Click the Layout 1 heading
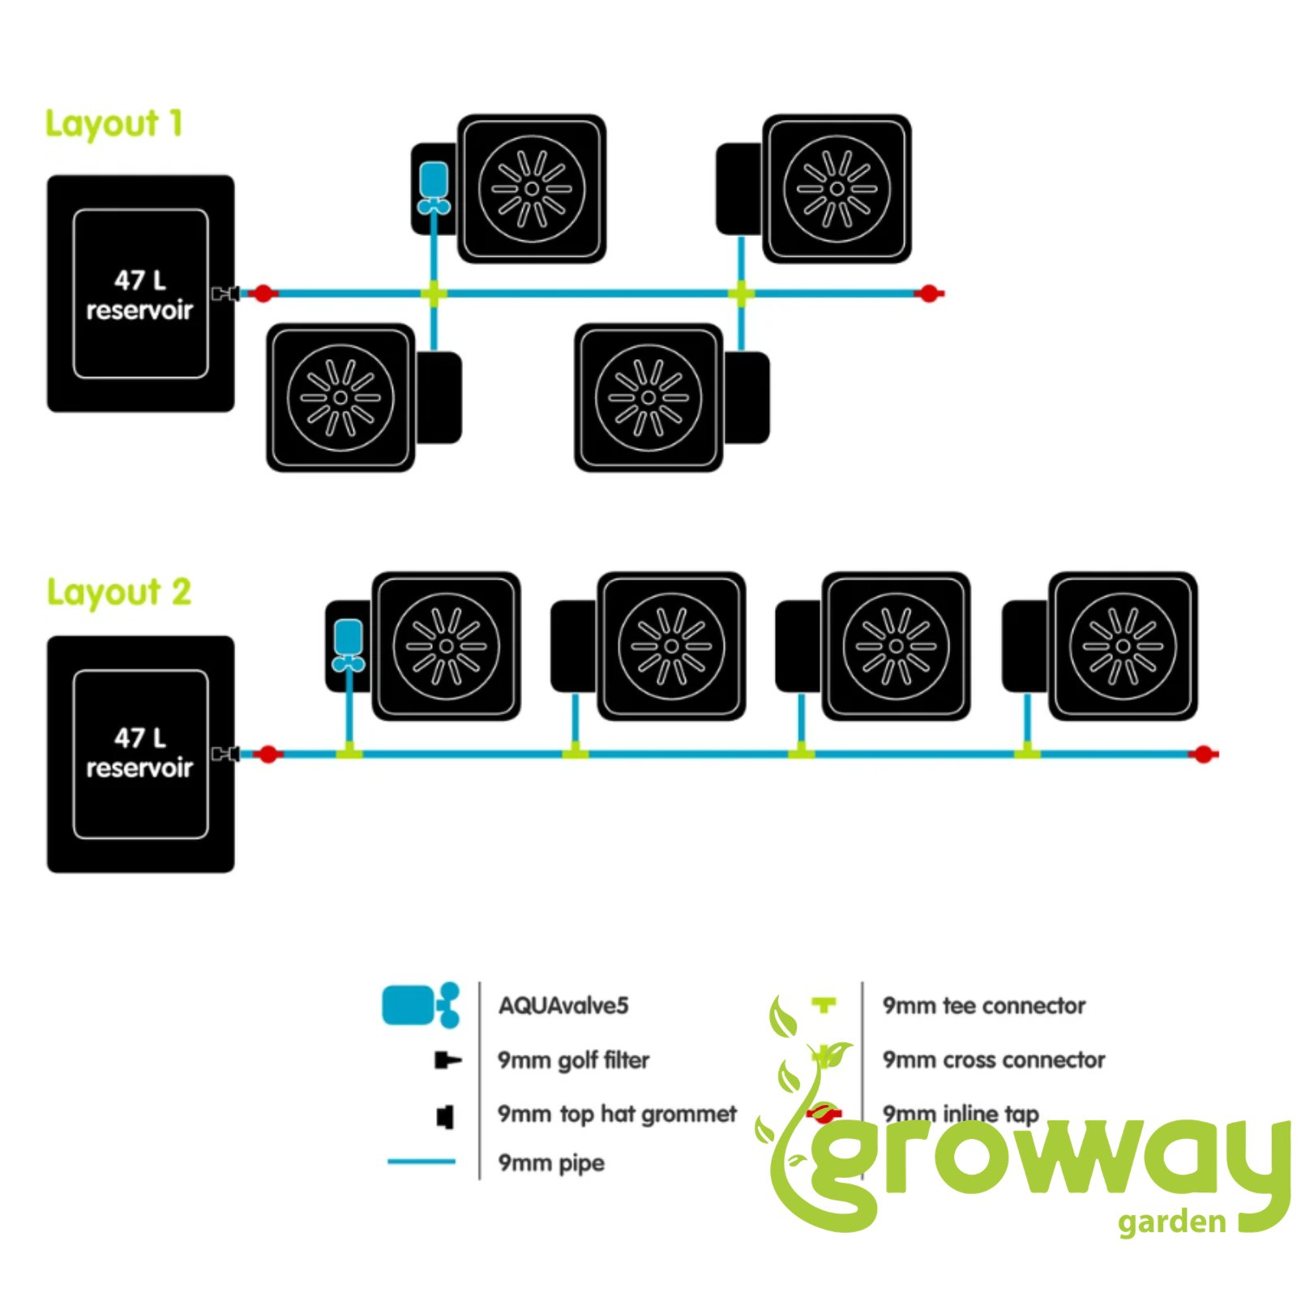tap(114, 125)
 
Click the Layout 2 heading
tap(119, 593)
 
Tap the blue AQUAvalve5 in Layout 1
tap(434, 188)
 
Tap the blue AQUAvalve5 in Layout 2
tap(349, 645)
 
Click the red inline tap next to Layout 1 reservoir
tap(263, 293)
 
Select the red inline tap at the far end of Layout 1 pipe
tap(929, 293)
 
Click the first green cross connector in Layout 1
tap(434, 293)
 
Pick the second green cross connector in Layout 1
tap(741, 293)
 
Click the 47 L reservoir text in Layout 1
tap(139, 295)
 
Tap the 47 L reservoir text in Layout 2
tap(139, 753)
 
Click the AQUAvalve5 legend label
tap(563, 1006)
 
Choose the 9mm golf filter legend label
tap(573, 1060)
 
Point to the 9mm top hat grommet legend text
tap(617, 1115)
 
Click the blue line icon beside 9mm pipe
tap(422, 1162)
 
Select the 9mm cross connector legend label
tap(994, 1060)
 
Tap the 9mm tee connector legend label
tap(983, 1006)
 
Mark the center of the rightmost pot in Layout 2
tap(1123, 646)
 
